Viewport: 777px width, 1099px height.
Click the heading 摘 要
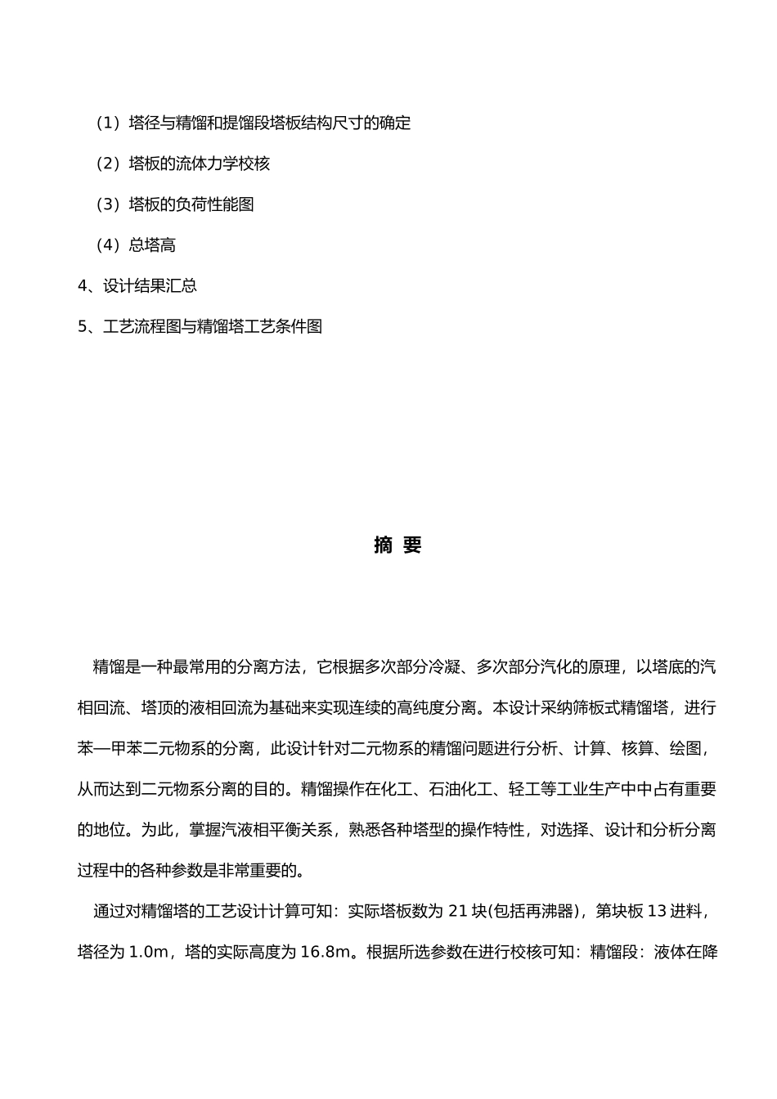(x=397, y=545)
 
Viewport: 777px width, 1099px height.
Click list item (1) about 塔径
(x=253, y=123)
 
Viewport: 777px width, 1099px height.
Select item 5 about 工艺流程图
(x=200, y=326)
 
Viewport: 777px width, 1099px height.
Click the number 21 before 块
(x=458, y=911)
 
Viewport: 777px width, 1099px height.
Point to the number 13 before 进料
(x=657, y=911)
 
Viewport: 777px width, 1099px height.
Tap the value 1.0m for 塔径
(x=148, y=952)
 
